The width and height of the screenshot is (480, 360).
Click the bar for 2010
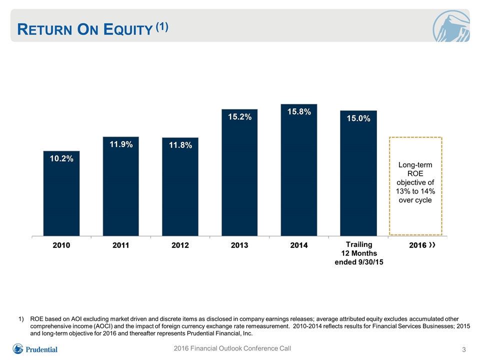coord(61,193)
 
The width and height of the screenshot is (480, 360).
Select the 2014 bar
coord(299,170)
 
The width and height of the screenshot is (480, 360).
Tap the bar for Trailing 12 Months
coord(358,173)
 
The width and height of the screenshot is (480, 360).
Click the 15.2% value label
coord(239,116)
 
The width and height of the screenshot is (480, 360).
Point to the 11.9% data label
coord(121,144)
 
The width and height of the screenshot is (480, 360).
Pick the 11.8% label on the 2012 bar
coord(180,145)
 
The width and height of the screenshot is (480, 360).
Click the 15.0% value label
coord(358,118)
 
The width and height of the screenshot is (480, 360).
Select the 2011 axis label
coord(121,245)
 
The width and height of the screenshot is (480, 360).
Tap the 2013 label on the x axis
coord(239,245)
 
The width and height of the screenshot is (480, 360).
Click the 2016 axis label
coord(418,245)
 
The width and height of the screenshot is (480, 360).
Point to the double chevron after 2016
coord(432,245)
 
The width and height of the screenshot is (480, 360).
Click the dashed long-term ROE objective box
coord(389,186)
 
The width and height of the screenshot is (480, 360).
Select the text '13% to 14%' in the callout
coord(415,191)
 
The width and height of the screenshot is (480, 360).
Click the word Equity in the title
coord(128,29)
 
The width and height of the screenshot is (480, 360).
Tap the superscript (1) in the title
coord(162,27)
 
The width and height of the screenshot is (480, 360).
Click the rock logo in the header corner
coord(451,26)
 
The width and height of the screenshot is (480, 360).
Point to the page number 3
coord(464,349)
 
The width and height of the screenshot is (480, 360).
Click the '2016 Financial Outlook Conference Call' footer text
coord(232,348)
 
